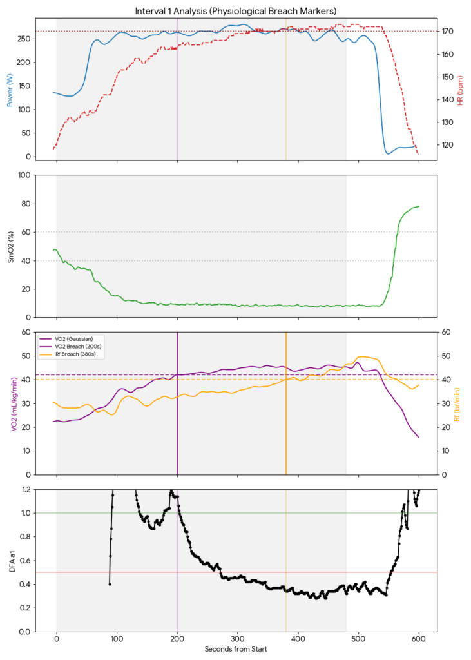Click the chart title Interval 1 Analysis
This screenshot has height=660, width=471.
(x=235, y=11)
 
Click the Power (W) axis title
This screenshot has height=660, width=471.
(x=10, y=88)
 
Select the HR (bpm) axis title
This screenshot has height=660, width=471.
(x=461, y=88)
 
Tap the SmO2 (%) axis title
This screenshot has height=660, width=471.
(x=10, y=246)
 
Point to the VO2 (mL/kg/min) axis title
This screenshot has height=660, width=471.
(x=10, y=403)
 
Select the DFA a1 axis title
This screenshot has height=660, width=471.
(x=10, y=560)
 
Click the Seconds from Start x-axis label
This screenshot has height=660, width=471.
(x=235, y=650)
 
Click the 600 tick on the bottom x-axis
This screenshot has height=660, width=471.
(x=419, y=639)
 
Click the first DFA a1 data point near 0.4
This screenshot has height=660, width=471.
(x=110, y=584)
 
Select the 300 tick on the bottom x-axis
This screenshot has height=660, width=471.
(x=238, y=639)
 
